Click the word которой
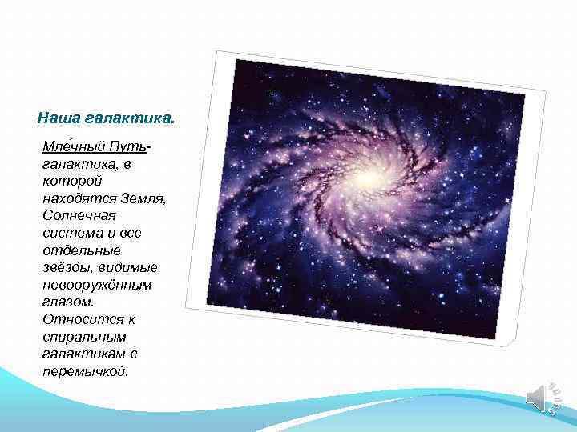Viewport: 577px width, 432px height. (68, 182)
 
